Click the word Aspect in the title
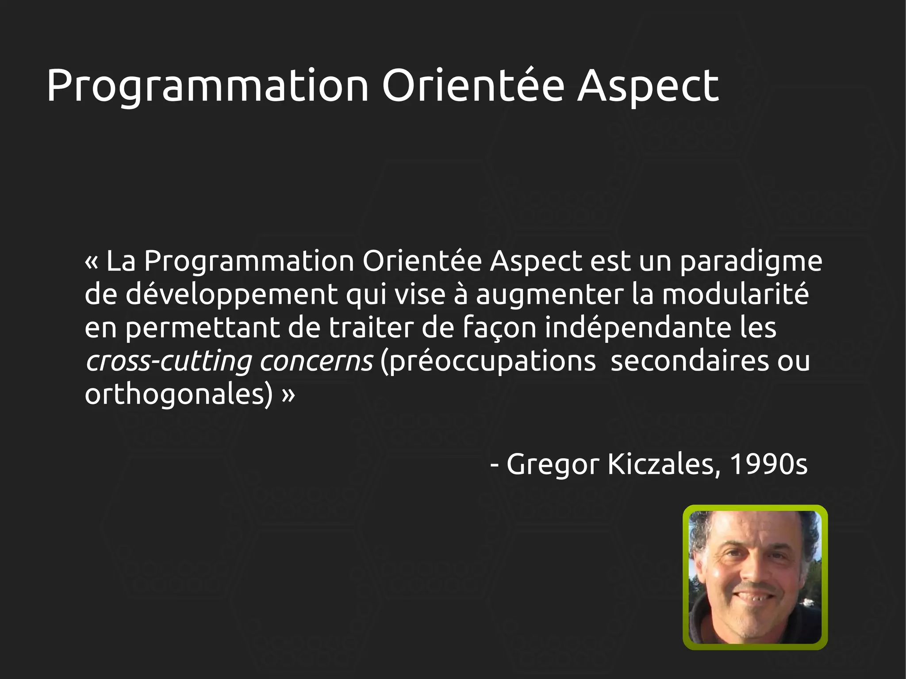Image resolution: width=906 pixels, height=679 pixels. tap(648, 86)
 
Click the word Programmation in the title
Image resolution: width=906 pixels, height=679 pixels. tap(207, 86)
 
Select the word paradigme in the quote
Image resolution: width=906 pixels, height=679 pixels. tap(751, 262)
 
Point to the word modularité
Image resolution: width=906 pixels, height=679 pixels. tap(735, 294)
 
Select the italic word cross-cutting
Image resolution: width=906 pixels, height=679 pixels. tap(169, 361)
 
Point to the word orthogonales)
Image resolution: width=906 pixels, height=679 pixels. tap(179, 395)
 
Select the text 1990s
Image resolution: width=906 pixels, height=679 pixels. tap(768, 464)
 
